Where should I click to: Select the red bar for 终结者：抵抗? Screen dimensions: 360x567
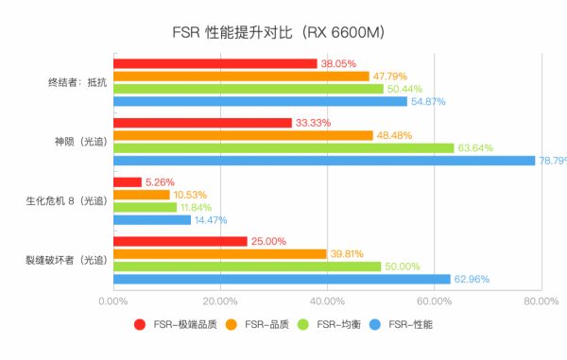215,64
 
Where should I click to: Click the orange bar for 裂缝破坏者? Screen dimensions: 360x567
219,253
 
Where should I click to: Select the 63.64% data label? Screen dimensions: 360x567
476,147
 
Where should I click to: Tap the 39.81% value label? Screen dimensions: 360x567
348,253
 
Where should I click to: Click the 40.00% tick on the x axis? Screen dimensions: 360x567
327,301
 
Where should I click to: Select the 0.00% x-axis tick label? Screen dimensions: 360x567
113,301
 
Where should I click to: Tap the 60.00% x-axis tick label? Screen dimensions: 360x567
434,301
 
